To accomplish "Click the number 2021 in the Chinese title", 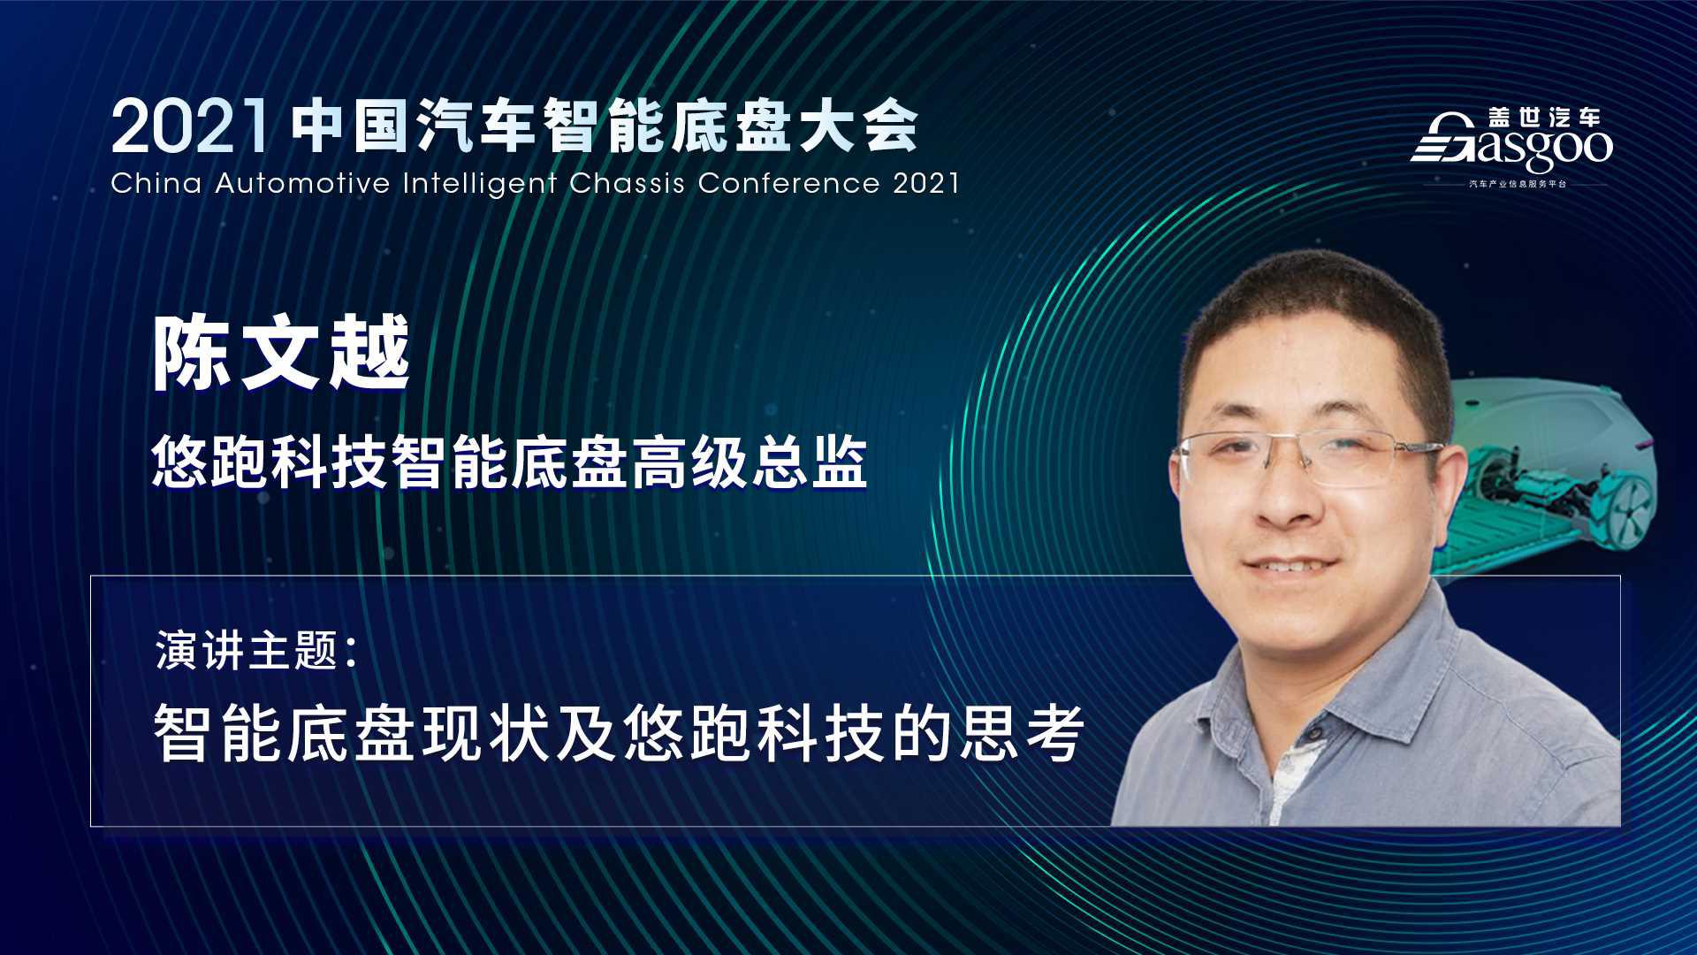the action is pyautogui.click(x=189, y=128).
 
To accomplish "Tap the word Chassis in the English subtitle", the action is pyautogui.click(x=627, y=183).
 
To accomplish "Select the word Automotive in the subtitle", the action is pyautogui.click(x=301, y=183).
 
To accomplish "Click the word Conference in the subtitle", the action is pyautogui.click(x=788, y=183).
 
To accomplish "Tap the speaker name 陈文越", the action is pyautogui.click(x=281, y=353).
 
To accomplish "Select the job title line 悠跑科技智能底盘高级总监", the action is pyautogui.click(x=509, y=462).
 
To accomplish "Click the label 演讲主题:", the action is pyautogui.click(x=256, y=651).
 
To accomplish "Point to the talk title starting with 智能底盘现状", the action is pyautogui.click(x=620, y=733).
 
